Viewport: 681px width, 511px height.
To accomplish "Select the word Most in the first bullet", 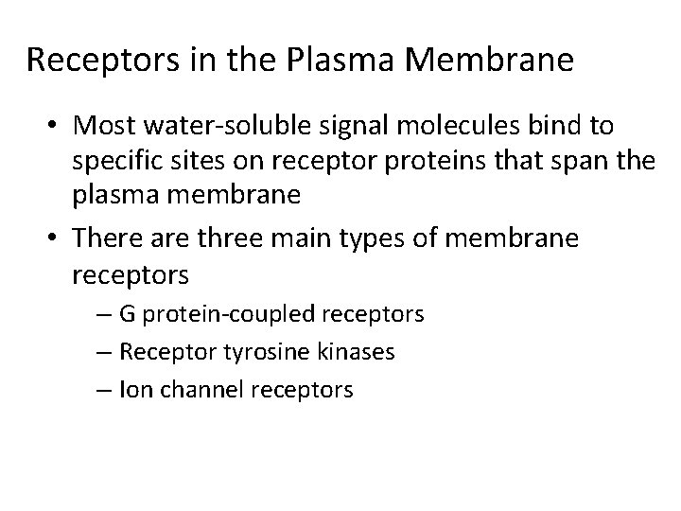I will point(100,126).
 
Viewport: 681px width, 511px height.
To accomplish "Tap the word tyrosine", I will point(231,352).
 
